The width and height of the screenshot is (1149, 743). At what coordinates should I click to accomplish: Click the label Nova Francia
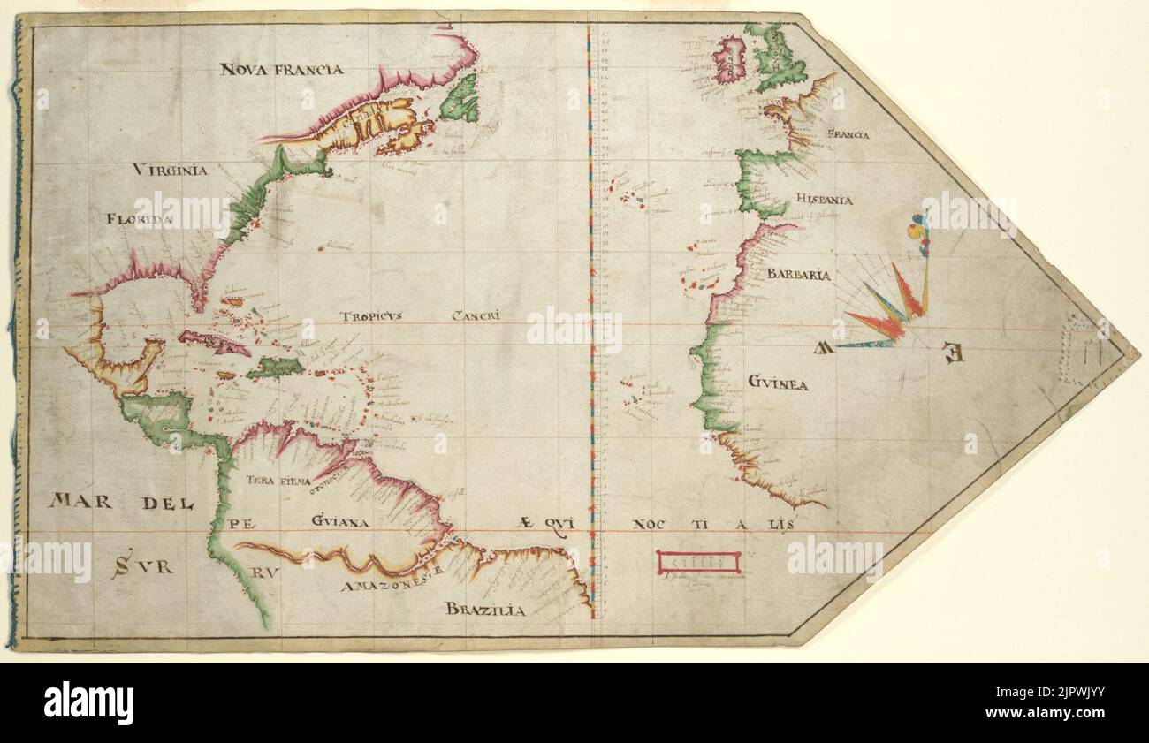coord(281,69)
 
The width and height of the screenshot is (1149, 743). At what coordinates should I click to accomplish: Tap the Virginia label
coord(171,170)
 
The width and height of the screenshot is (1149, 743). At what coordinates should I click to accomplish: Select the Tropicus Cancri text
coord(422,315)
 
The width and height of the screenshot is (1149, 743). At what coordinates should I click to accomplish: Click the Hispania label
coord(823,200)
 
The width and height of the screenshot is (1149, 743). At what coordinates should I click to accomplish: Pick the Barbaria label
coord(798,275)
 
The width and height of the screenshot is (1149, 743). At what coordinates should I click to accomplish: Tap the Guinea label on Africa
coord(777,383)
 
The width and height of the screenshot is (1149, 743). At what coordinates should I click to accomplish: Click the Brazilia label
coord(485,610)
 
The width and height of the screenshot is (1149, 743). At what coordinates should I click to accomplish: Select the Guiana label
coord(339,522)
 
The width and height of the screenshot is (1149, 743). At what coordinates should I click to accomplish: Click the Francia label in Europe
coord(848,135)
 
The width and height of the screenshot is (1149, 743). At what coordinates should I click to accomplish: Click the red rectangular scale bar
coord(698,562)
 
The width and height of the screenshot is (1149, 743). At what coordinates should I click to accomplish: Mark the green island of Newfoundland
coord(460,100)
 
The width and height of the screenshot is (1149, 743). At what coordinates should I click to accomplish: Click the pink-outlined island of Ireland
coord(729,59)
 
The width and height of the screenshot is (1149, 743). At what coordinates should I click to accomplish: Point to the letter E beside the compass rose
coord(952,353)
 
